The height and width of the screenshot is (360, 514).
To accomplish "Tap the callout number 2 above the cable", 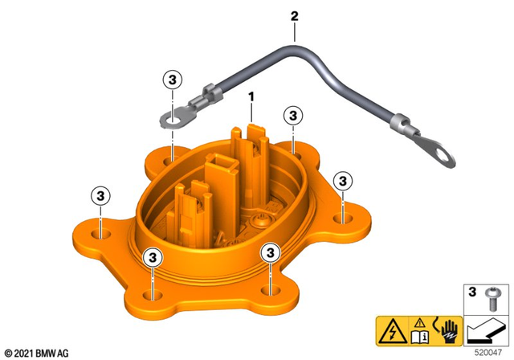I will point(294,15).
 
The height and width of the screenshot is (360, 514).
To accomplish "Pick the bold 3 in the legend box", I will point(471,291).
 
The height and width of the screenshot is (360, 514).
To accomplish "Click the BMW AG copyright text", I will point(37,352).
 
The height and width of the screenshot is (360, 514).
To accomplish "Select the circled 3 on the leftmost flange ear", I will point(100,195).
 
